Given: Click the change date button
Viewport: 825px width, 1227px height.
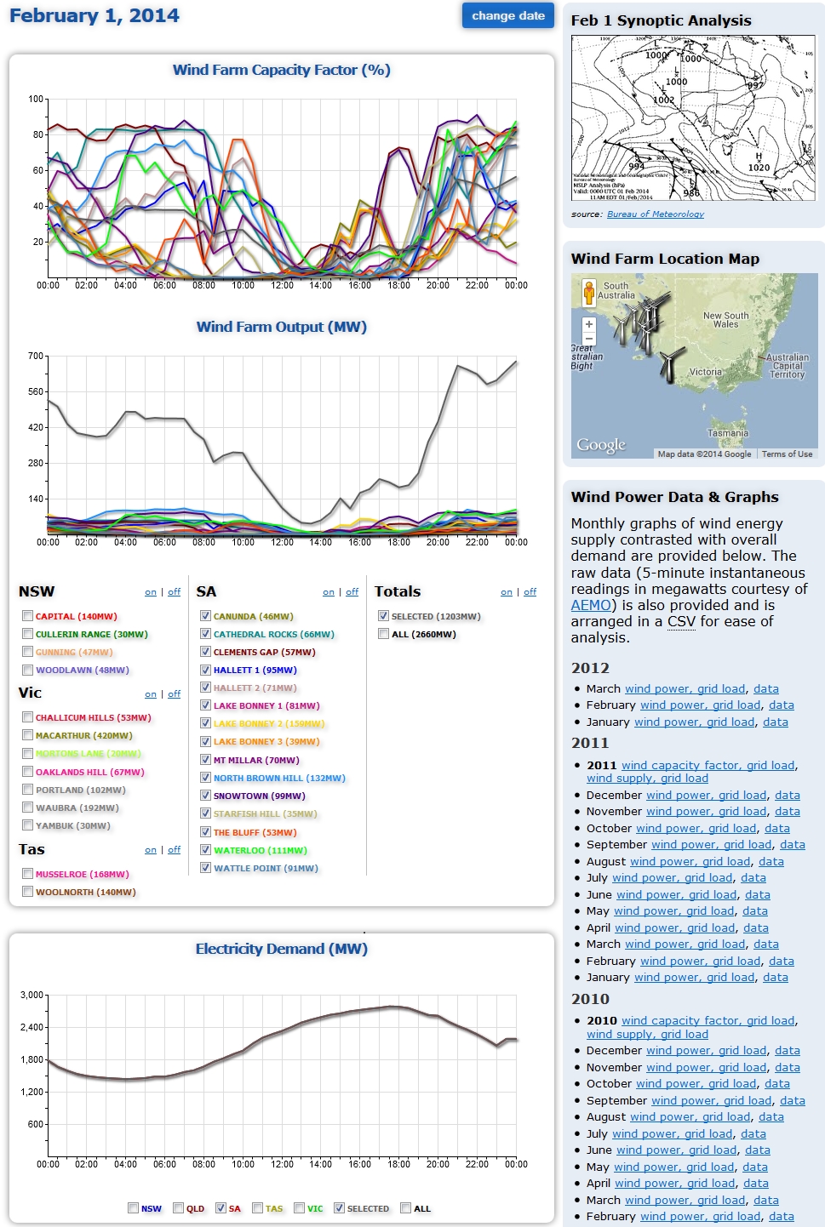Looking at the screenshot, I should [x=507, y=15].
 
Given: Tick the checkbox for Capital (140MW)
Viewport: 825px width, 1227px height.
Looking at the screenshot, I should [x=28, y=616].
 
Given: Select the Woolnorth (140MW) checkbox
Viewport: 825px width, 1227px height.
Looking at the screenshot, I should [x=28, y=892].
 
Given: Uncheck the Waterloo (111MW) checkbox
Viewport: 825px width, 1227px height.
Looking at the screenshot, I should [x=205, y=850].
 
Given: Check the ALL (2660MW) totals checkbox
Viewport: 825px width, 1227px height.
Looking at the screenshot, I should [x=383, y=634].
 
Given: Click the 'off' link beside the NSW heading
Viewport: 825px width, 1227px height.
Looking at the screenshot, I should [x=174, y=592].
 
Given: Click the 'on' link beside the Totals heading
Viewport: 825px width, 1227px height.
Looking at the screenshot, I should [x=507, y=592].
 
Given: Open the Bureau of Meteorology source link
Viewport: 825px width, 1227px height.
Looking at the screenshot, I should [x=655, y=214].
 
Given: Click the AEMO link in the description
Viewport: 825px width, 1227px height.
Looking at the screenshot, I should [x=591, y=605].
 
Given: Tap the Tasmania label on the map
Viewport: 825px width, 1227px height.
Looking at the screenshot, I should [x=728, y=433].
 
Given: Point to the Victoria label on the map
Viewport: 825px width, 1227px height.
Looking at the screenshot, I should [x=705, y=372].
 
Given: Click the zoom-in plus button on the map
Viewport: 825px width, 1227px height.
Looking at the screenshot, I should [x=588, y=324].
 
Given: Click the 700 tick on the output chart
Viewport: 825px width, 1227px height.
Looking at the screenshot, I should [x=36, y=356].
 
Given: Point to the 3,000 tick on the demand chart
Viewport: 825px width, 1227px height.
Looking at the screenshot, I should [x=32, y=995].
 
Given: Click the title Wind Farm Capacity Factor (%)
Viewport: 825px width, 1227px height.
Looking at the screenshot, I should [x=281, y=70].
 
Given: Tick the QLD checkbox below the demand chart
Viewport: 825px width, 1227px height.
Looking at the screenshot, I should [x=179, y=1208].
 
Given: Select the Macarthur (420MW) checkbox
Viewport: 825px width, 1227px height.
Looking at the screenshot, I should [x=28, y=735].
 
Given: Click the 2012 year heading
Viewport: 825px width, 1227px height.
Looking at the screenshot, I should [x=590, y=668].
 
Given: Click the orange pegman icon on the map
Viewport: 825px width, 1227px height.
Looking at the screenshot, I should [x=588, y=293].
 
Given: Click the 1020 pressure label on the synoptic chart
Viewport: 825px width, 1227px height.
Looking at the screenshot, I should [x=758, y=168].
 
